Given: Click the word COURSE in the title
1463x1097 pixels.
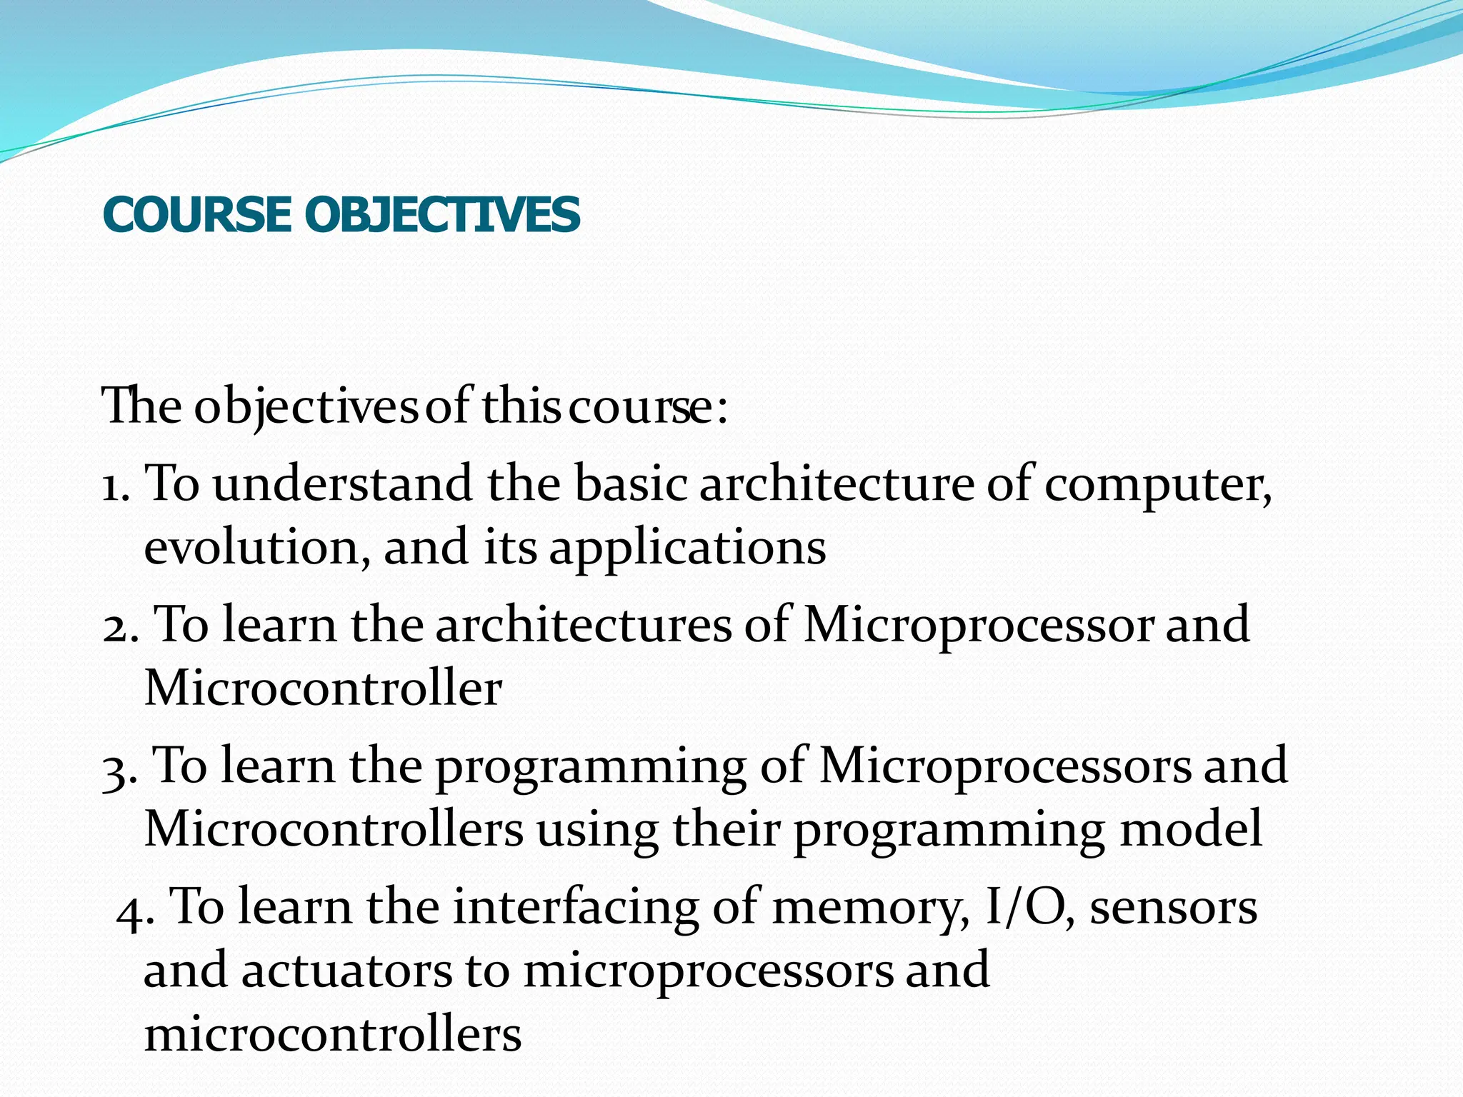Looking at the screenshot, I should click(196, 214).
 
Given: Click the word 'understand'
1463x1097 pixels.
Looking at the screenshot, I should click(342, 484).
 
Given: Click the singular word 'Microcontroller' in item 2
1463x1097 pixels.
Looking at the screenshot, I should click(323, 688).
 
